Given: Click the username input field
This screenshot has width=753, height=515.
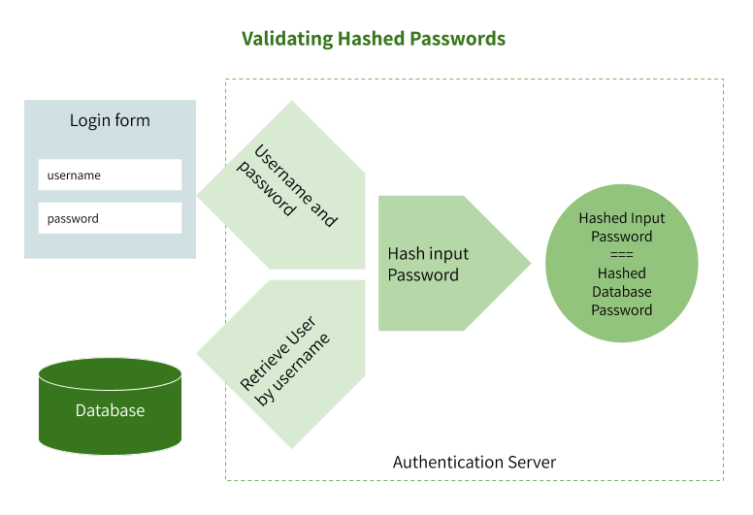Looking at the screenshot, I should coord(110,176).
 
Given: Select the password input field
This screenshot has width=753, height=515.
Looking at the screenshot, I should coord(110,218).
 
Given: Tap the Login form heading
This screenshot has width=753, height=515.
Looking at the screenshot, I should coord(110,121).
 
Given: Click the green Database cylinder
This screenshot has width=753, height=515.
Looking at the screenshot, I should coord(110,412).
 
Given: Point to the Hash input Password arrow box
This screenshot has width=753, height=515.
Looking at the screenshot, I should coord(442,263).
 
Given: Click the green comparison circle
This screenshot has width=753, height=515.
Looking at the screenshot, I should coord(622,264).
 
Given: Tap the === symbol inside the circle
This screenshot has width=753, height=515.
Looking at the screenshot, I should coord(622,255).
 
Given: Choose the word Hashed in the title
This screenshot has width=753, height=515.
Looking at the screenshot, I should coord(371,39).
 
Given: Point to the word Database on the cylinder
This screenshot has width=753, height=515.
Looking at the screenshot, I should coord(110,410).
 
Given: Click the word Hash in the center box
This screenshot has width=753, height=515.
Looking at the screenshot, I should coord(405,254).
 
